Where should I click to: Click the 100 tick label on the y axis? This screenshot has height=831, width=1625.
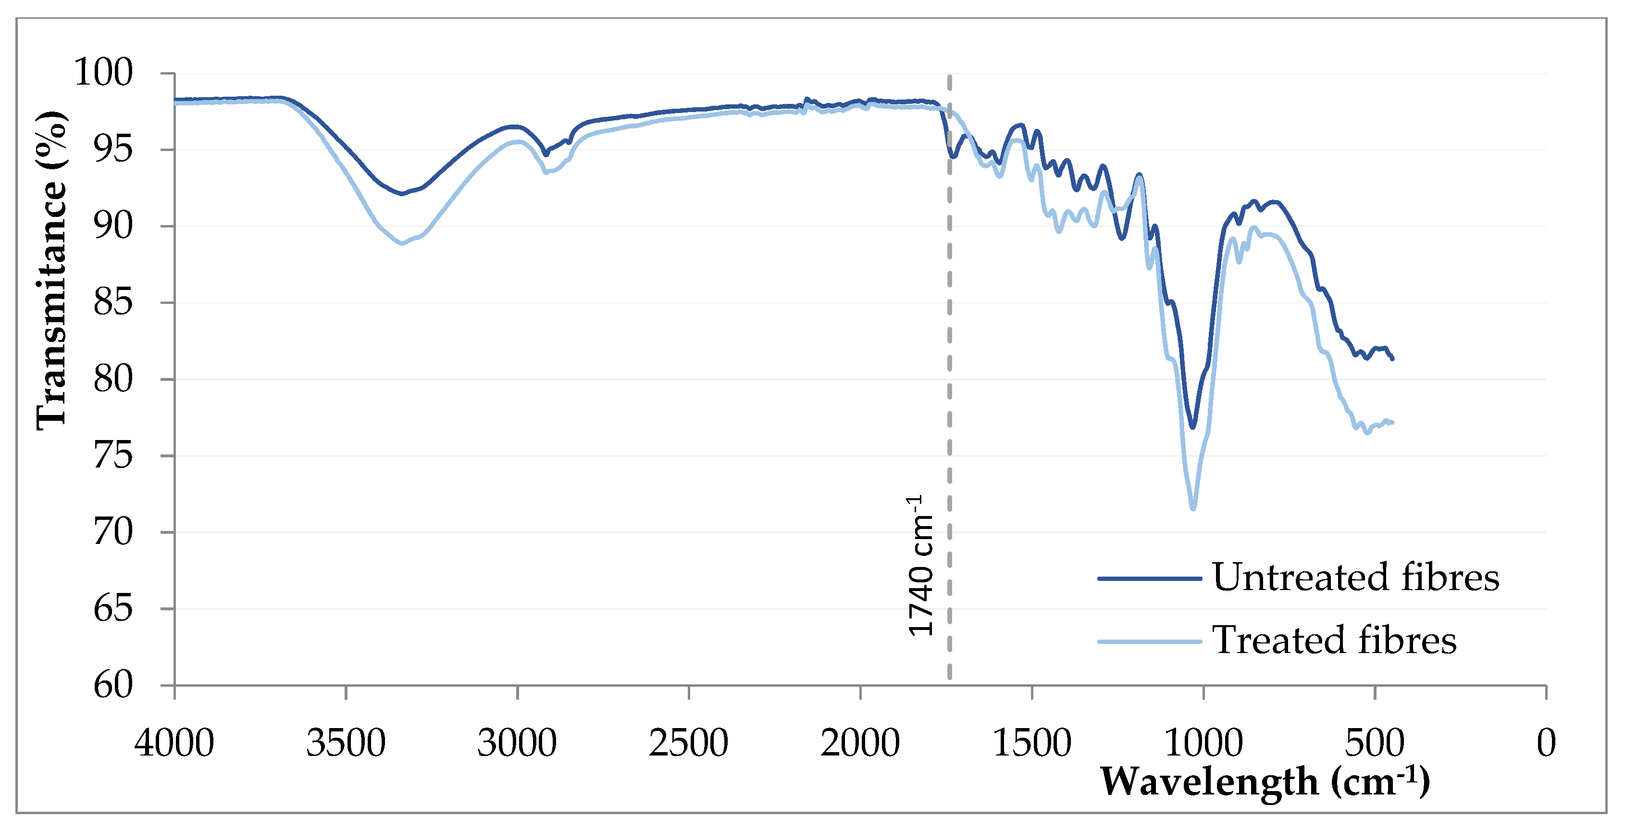tap(103, 73)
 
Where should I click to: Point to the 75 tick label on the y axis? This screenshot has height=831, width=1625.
tap(113, 455)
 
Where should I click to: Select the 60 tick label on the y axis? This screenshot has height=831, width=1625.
tap(113, 685)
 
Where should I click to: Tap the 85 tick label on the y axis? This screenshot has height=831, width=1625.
tap(113, 302)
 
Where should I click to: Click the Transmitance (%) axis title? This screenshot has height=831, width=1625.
tap(50, 271)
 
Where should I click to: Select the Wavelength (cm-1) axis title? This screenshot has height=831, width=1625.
tap(1265, 782)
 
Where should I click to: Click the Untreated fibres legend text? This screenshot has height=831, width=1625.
tap(1355, 578)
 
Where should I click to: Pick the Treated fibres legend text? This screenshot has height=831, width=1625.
tap(1334, 641)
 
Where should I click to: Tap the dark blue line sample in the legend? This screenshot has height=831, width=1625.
tap(1149, 578)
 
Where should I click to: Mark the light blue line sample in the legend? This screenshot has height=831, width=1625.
tap(1149, 642)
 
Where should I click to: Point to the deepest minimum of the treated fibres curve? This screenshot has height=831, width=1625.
tap(1193, 508)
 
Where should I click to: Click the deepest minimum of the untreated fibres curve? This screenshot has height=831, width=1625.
tap(1192, 427)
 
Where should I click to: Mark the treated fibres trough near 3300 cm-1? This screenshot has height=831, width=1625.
tap(402, 243)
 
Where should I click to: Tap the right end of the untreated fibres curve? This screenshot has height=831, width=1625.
tap(1392, 358)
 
